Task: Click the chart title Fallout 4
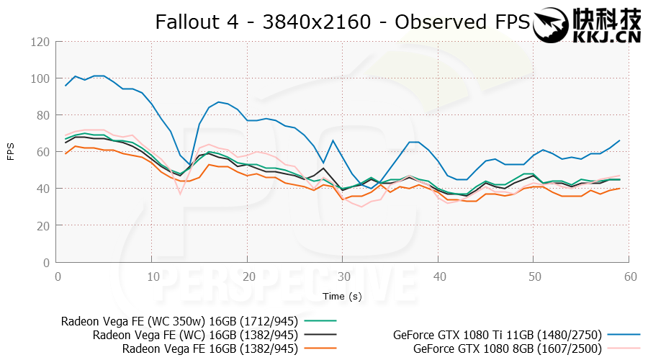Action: click(342, 22)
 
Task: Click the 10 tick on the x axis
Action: click(152, 276)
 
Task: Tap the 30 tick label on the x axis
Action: click(343, 276)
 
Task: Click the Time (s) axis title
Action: click(343, 296)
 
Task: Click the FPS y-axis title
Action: click(11, 152)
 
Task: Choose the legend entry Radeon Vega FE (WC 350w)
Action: click(180, 320)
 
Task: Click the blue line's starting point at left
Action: click(66, 86)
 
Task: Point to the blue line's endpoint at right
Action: click(619, 140)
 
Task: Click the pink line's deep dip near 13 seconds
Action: click(181, 193)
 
